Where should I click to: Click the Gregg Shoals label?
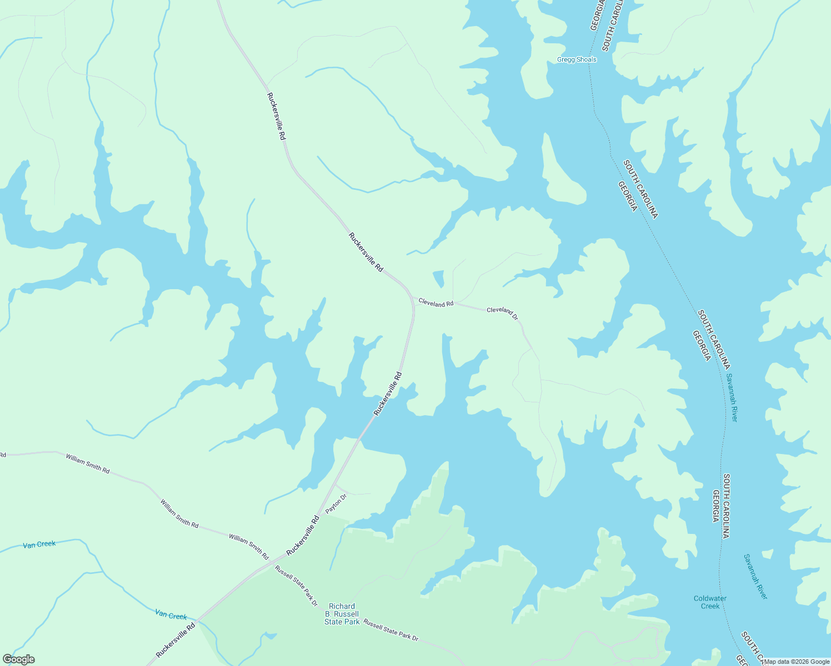(x=577, y=60)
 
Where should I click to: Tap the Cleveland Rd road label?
(x=436, y=303)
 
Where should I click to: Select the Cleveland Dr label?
(x=502, y=312)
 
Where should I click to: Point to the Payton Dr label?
(x=336, y=503)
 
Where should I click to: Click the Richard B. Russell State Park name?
(x=342, y=614)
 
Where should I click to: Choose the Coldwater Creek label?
(x=710, y=602)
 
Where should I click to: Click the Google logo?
(x=18, y=659)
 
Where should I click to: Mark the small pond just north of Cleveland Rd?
(x=438, y=278)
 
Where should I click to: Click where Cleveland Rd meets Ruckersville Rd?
(x=413, y=304)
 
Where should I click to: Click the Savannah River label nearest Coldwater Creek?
(x=755, y=577)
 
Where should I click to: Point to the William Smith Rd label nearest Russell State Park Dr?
(x=249, y=546)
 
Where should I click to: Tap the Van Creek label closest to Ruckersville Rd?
(x=171, y=615)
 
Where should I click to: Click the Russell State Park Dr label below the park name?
(x=391, y=630)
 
